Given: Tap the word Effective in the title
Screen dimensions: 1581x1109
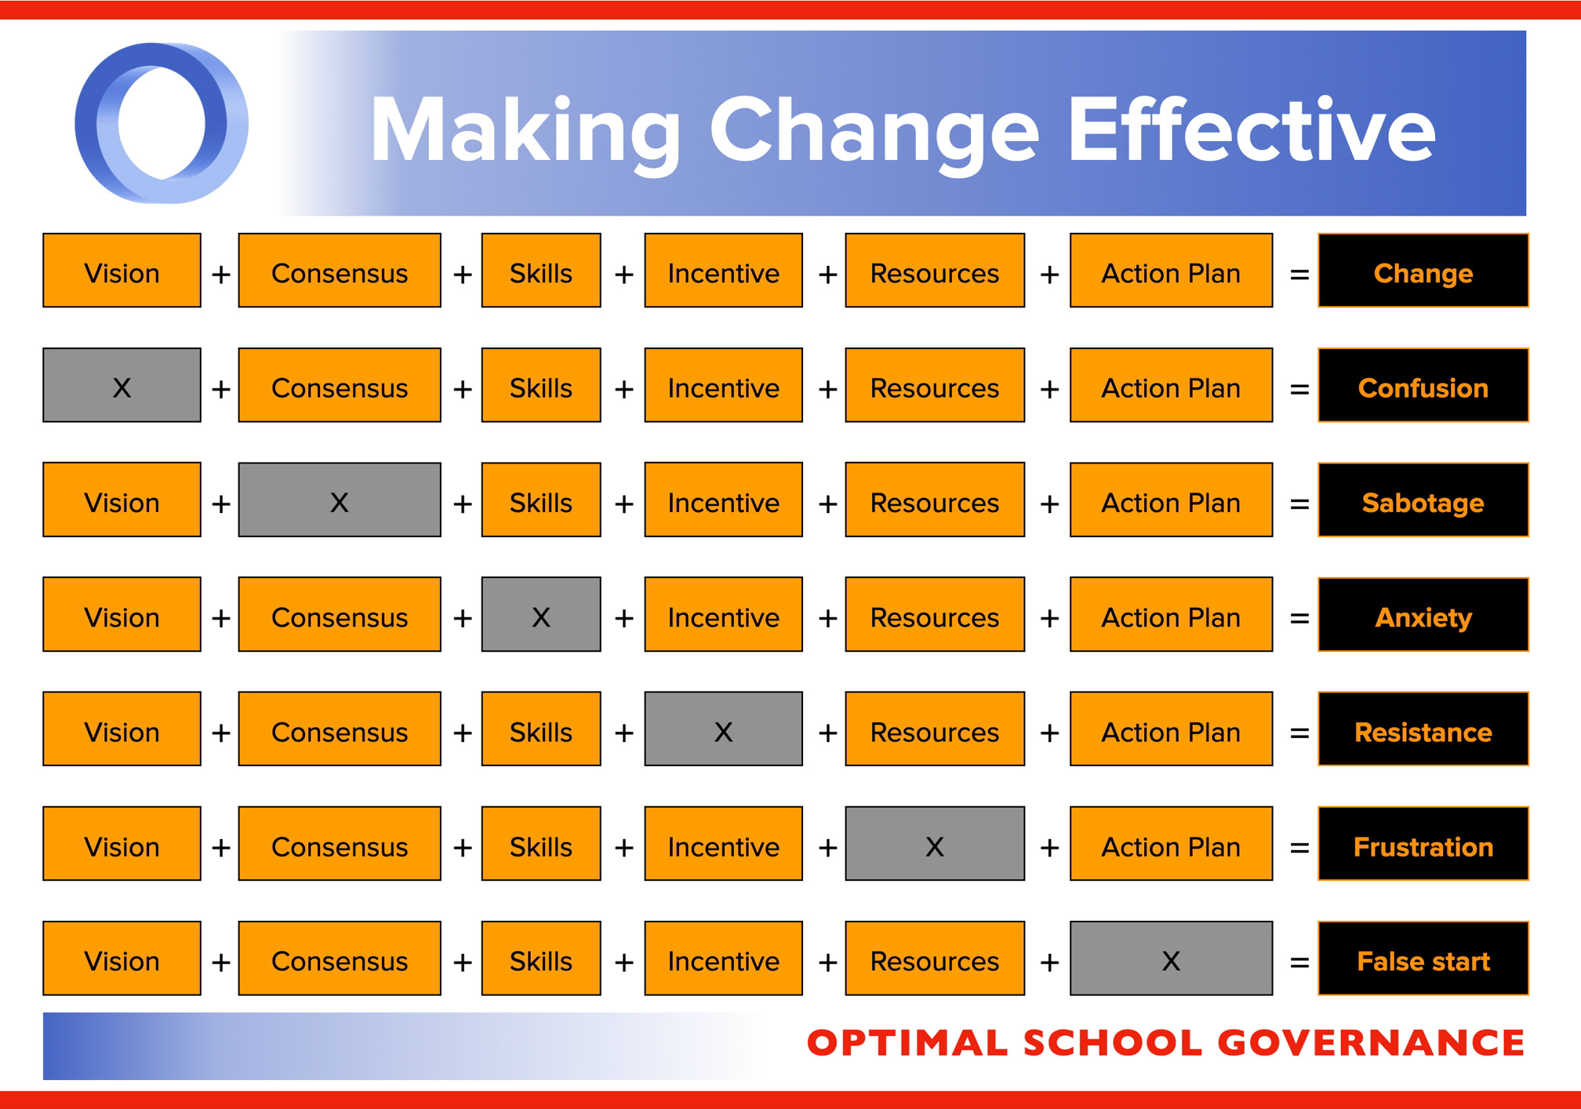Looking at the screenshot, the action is point(1252,129).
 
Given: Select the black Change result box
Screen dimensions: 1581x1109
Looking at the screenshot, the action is point(1423,271).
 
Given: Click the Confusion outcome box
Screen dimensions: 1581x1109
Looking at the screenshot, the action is point(1423,385).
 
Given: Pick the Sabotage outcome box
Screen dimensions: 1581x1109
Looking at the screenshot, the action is point(1423,500).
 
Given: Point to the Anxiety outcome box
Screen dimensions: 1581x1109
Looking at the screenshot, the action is point(1423,614).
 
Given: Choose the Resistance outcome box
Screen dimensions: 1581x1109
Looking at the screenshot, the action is point(1423,729).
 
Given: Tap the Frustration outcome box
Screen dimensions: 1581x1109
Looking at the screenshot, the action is point(1423,843).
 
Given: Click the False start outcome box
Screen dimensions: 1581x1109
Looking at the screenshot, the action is point(1423,958).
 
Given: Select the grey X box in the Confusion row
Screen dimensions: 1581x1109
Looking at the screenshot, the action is point(122,385).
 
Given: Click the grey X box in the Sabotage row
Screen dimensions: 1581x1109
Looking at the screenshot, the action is point(340,500).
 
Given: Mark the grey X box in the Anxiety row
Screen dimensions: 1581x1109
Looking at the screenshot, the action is point(541,614).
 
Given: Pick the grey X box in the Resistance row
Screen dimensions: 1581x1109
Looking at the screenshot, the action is point(723,729).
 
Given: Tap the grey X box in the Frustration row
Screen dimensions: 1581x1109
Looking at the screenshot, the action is point(935,843).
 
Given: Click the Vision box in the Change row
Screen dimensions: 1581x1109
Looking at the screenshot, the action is point(122,271).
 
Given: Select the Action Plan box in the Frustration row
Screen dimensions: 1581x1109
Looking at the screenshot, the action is point(1171,843).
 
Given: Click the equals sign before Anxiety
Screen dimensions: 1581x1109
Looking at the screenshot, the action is point(1299,619).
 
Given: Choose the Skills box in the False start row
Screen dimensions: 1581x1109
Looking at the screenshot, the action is point(541,958).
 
